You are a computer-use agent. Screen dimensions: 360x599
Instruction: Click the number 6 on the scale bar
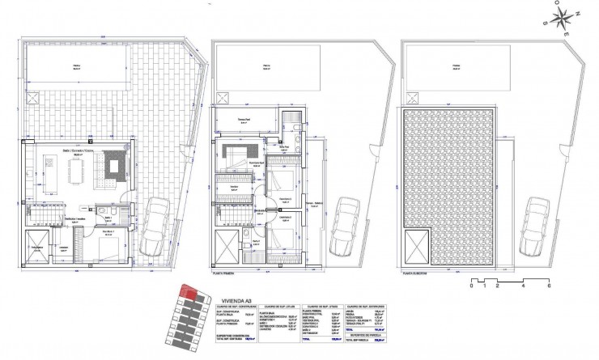coord(549,287)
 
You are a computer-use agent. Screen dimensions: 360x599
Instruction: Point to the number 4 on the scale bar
coord(523,287)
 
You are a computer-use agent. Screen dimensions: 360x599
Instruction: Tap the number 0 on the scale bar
coord(470,287)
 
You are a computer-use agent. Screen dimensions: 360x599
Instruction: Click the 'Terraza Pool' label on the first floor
coord(246,119)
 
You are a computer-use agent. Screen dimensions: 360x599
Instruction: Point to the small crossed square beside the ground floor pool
coord(34,99)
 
